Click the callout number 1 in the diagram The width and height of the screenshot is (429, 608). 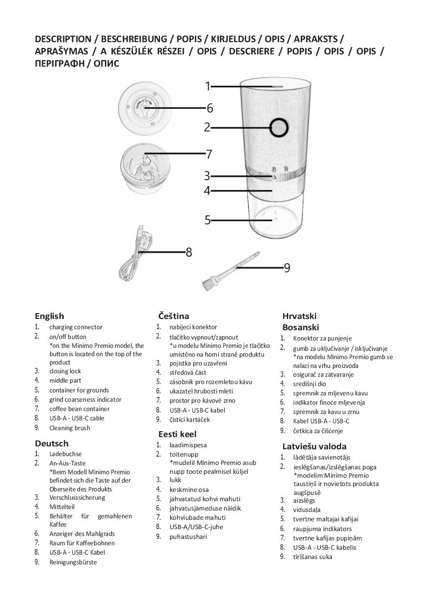(208, 86)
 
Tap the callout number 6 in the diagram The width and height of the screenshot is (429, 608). (209, 108)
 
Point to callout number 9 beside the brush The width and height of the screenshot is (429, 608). (287, 268)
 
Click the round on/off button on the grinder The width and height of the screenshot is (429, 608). (278, 127)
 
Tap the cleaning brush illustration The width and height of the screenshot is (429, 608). (230, 271)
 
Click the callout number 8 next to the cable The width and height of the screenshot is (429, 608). (189, 252)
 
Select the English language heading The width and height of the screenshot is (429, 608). (50, 316)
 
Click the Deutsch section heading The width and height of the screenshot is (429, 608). (51, 443)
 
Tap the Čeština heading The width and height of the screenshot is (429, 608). (174, 316)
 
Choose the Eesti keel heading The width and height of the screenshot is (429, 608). (177, 434)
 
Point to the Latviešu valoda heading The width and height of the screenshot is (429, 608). (314, 446)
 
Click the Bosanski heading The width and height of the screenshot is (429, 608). (301, 327)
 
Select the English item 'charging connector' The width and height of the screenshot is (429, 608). (76, 327)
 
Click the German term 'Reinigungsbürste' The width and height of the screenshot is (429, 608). (73, 562)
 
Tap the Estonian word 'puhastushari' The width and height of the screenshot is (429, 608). (188, 536)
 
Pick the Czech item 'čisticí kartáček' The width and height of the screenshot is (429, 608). (190, 419)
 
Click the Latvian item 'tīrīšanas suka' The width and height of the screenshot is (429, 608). (313, 557)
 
